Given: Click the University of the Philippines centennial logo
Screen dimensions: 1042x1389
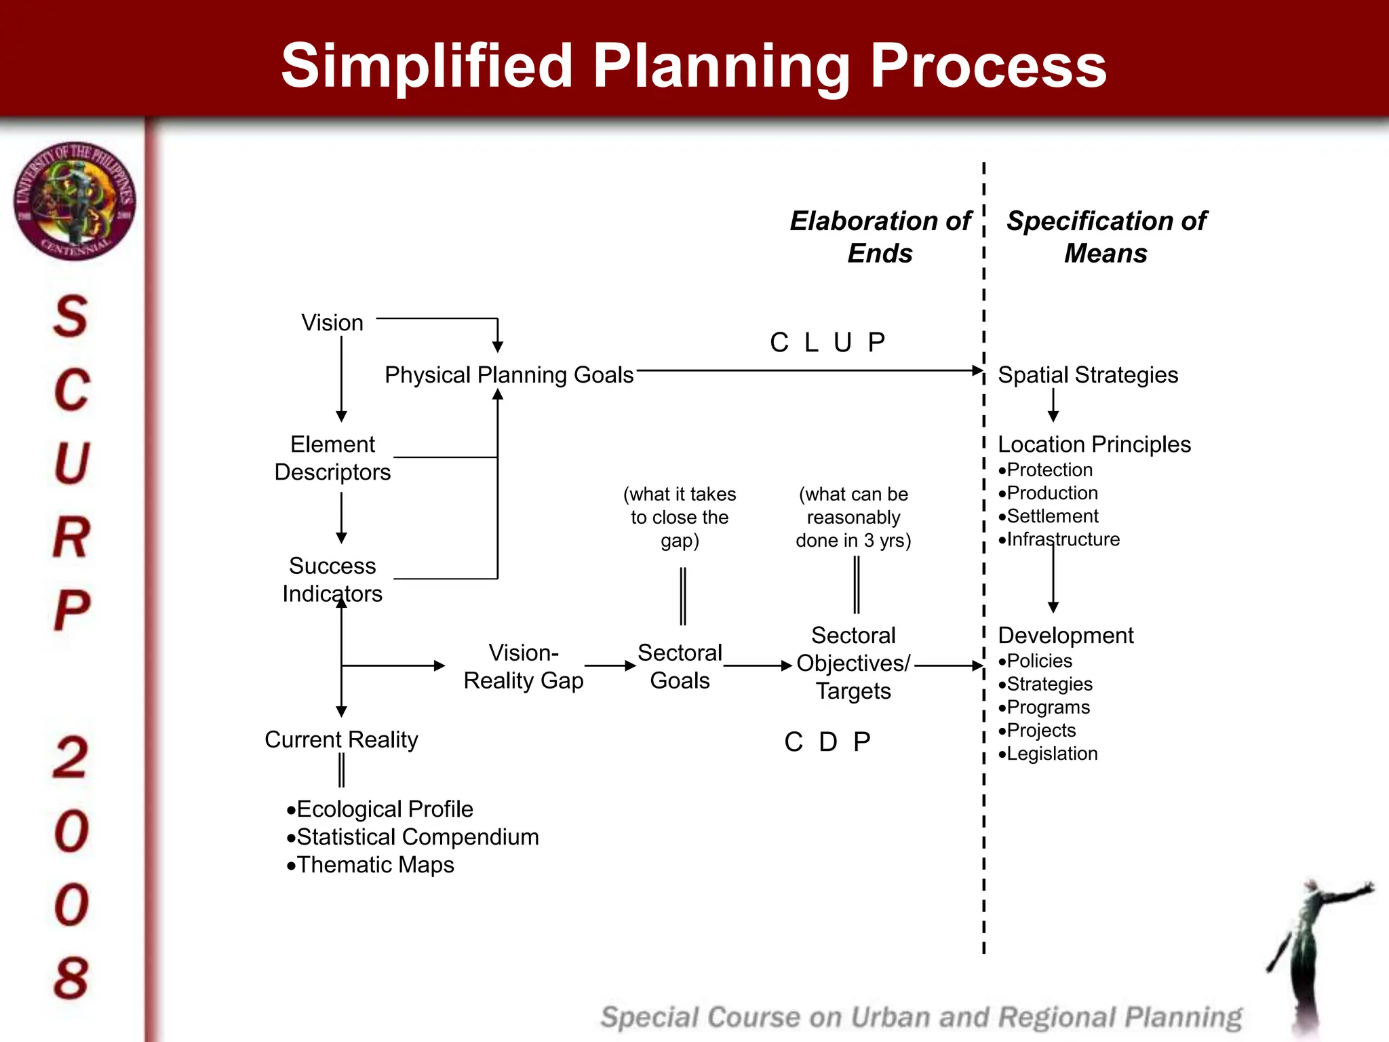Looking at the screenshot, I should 75,201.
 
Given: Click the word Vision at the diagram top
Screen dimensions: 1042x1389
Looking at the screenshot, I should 332,323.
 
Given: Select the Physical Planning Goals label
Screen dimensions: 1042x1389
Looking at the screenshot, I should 509,375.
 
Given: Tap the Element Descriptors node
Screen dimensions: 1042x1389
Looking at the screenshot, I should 332,458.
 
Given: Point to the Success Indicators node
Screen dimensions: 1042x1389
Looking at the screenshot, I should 332,579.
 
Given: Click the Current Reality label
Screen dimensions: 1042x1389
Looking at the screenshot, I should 341,739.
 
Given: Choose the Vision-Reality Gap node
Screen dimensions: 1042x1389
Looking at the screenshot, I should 523,667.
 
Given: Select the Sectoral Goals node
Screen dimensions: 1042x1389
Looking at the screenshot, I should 680,667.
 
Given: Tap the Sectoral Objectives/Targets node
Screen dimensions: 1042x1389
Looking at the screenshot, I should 853,663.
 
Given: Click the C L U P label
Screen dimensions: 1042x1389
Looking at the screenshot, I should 827,343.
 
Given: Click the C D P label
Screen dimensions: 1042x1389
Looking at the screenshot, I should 827,742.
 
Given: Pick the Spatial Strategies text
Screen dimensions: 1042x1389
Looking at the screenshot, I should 1088,375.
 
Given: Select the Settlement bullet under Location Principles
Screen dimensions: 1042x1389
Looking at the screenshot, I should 1051,516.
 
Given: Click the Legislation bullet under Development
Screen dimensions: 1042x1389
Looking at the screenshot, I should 1051,754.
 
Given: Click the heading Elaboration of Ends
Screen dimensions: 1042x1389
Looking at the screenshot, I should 880,237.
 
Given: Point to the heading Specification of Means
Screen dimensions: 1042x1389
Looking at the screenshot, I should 1106,237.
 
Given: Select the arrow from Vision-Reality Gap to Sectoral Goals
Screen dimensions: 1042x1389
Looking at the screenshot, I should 610,666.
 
